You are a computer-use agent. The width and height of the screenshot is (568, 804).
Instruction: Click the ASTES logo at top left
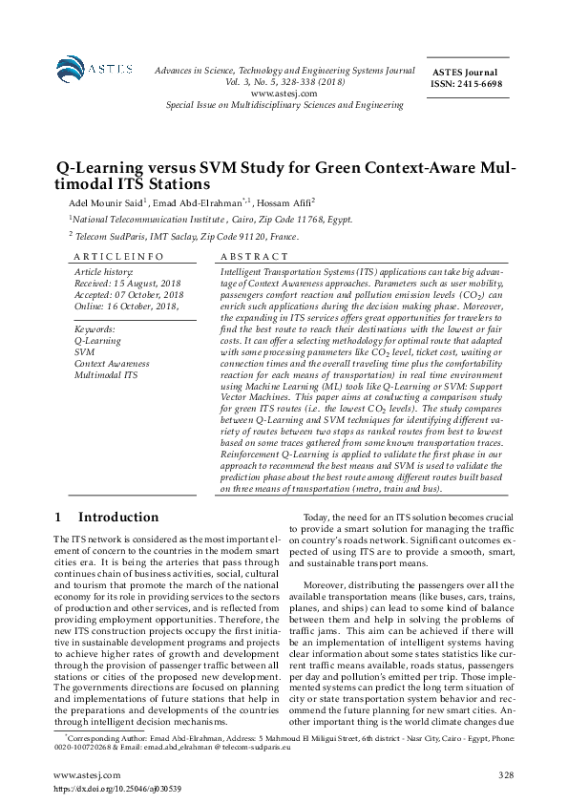click(85, 69)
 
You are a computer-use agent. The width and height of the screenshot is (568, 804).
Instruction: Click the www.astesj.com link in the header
click(279, 93)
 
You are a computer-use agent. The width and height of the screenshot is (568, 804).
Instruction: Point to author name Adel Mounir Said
click(106, 203)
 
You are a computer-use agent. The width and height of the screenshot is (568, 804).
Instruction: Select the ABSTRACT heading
click(253, 257)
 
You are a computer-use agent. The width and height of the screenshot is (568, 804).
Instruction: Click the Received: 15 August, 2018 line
click(127, 285)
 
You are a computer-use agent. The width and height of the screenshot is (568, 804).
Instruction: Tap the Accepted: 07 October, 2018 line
click(129, 295)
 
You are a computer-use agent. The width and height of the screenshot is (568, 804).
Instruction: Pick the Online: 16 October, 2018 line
click(126, 306)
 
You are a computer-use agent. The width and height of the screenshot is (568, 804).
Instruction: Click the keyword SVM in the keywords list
click(83, 351)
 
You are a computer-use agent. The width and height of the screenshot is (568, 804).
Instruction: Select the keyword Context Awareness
click(112, 363)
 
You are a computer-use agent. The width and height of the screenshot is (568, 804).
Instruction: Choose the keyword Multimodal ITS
click(105, 374)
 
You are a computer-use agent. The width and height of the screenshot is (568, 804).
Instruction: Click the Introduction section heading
click(118, 518)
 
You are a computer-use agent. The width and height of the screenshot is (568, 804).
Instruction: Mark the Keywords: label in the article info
click(95, 328)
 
